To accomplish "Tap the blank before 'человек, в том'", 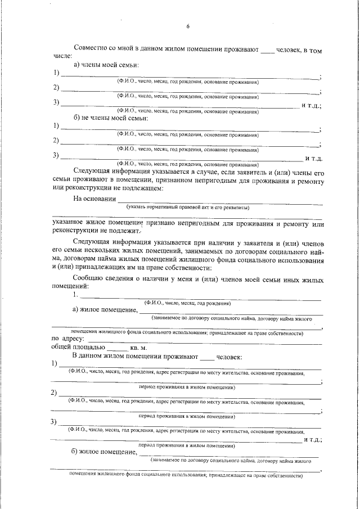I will [x=268, y=51].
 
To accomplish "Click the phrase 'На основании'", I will [x=94, y=199].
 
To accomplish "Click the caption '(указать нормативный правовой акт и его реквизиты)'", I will [x=188, y=208].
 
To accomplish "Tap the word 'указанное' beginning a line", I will [x=70, y=224].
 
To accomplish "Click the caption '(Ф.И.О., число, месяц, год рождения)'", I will [x=187, y=303].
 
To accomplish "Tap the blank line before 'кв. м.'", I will [x=117, y=349].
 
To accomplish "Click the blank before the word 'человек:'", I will [x=207, y=357].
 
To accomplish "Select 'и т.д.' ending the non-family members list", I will [x=313, y=159].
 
